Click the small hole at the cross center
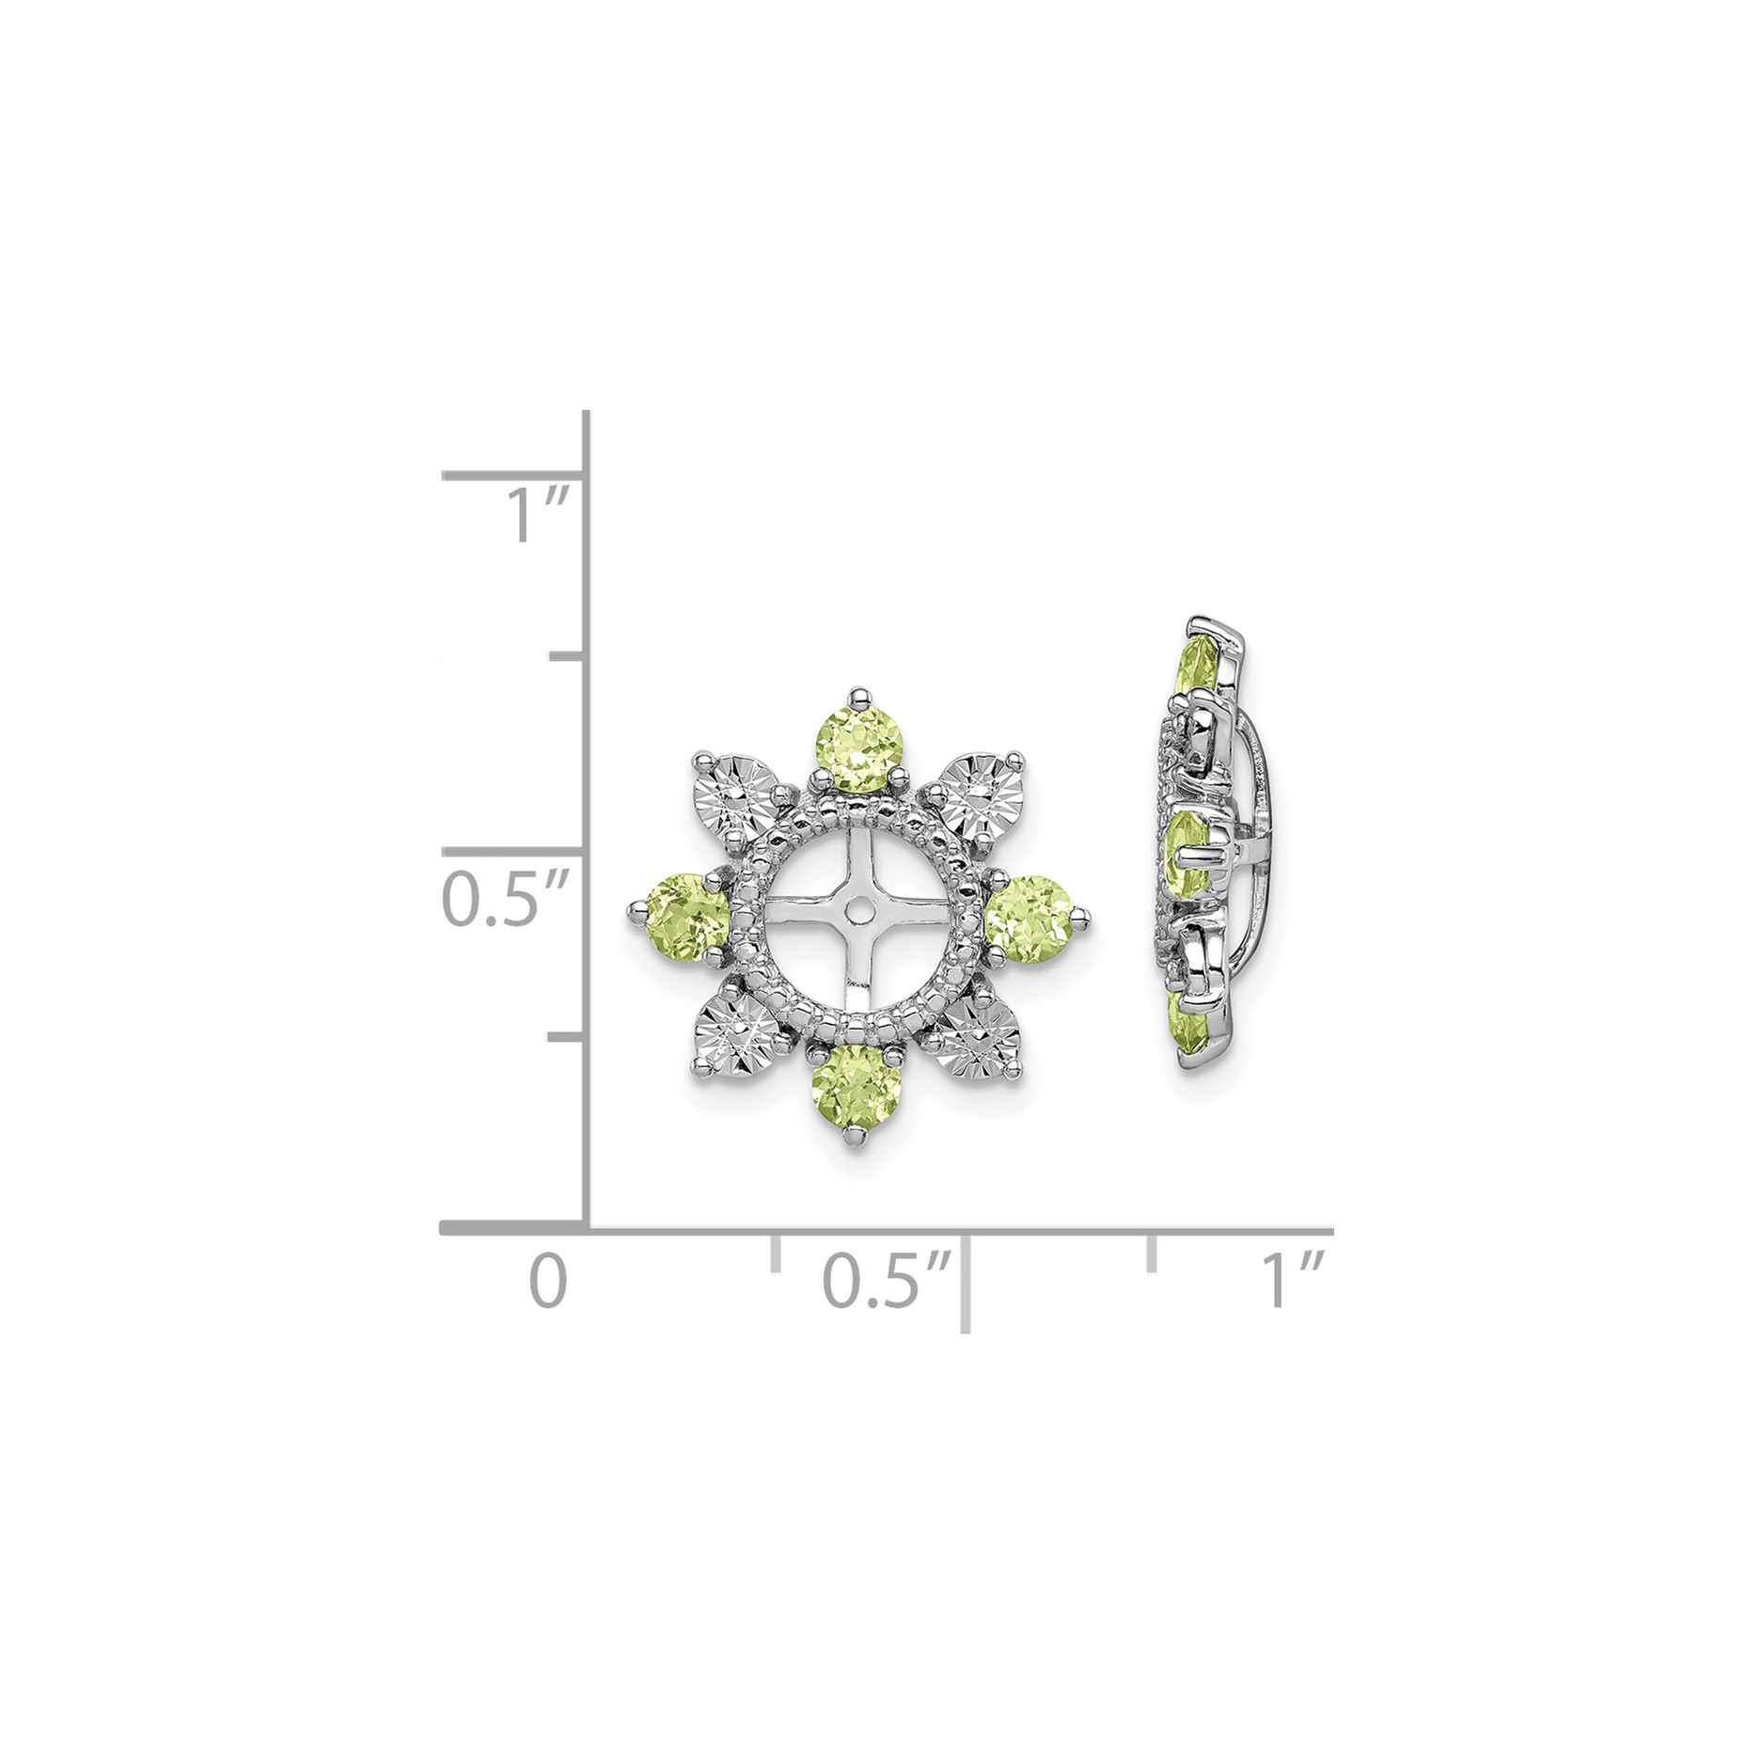pyautogui.click(x=857, y=913)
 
